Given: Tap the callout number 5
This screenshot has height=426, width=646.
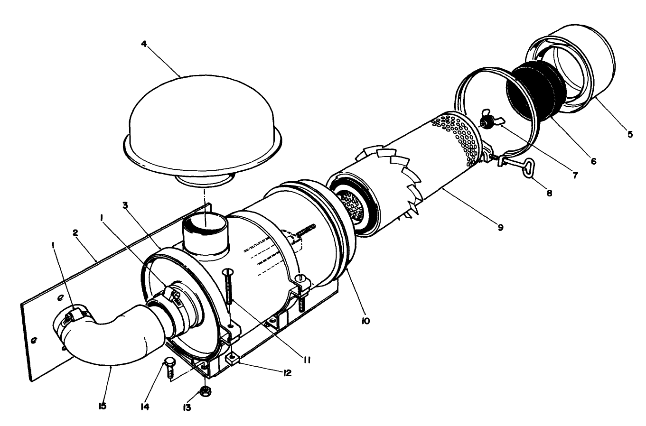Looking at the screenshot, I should (630, 134).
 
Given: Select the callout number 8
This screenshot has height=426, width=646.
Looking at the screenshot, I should (549, 193).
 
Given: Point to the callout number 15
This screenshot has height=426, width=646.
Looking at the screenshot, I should (103, 407).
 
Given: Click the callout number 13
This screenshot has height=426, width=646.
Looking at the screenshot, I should (187, 407).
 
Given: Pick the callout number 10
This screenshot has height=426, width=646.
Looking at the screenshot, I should (365, 321).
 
